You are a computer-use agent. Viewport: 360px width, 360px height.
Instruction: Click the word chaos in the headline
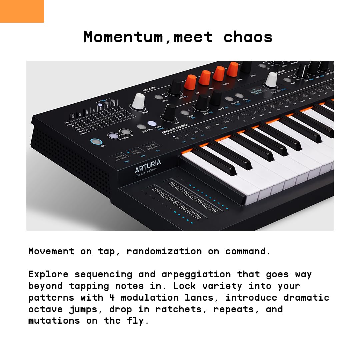click(248, 37)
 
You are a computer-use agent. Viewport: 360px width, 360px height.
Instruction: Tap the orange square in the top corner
click(22, 11)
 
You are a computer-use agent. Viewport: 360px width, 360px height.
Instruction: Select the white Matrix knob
click(138, 101)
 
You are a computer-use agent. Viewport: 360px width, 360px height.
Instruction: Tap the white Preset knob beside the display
click(271, 80)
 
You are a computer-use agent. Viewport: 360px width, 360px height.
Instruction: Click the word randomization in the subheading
click(164, 251)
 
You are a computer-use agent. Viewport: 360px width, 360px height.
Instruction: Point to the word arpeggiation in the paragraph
click(196, 274)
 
